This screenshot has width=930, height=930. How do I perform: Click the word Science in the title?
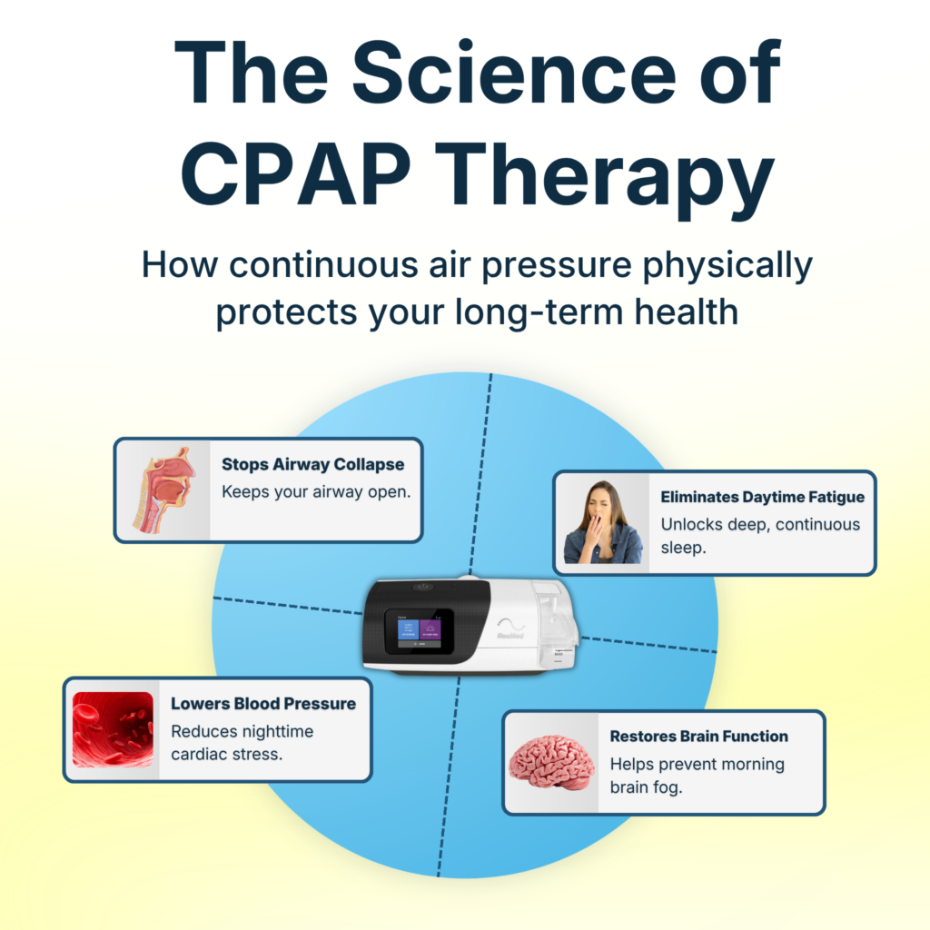click(x=514, y=73)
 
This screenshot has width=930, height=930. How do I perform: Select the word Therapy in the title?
click(x=604, y=181)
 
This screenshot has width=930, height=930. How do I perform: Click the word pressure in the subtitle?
click(x=556, y=265)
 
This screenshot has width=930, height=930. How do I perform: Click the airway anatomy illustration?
click(x=163, y=490)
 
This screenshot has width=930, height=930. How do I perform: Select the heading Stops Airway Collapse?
click(x=312, y=464)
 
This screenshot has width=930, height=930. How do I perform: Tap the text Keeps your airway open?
click(x=316, y=491)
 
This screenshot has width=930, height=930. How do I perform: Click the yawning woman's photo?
click(x=603, y=522)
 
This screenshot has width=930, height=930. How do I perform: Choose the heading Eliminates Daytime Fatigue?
click(x=762, y=497)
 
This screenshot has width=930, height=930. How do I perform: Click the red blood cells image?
click(x=113, y=729)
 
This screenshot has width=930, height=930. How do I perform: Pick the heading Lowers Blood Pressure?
click(x=263, y=704)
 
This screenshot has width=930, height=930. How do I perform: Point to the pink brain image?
click(x=551, y=763)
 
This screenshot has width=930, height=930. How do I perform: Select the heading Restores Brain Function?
click(x=698, y=736)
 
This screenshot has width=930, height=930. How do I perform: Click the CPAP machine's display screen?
click(x=420, y=631)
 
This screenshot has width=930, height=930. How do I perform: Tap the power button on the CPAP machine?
click(x=423, y=587)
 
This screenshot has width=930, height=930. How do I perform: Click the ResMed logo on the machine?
click(x=510, y=635)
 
